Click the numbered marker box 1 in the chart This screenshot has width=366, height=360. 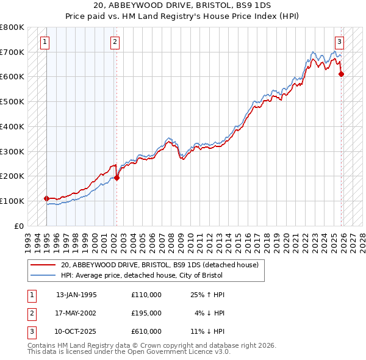46,42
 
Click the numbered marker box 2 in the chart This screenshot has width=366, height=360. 115,42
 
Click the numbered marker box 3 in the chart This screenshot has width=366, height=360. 339,42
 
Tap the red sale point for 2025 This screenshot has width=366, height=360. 342,74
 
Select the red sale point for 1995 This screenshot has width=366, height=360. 46,198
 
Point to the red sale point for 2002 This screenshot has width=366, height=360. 117,178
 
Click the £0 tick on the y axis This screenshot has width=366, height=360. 19,226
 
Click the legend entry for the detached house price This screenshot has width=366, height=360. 160,265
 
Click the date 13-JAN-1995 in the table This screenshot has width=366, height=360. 76,295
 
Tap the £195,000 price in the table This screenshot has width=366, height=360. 146,313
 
